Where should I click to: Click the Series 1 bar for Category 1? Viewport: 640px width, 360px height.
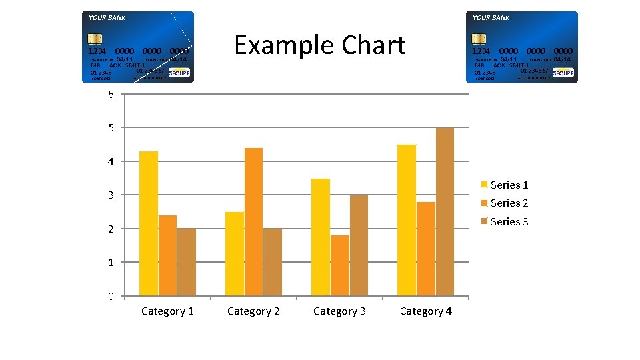tap(149, 223)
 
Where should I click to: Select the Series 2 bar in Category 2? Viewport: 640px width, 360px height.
tap(253, 221)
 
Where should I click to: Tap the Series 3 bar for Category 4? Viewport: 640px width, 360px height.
tap(445, 211)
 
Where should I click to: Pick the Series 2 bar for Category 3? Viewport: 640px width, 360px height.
tap(339, 265)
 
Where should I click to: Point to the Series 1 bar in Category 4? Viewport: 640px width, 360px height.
tap(407, 220)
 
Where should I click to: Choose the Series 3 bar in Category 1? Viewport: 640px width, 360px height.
tap(187, 262)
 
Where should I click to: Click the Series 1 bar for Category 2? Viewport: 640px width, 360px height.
tap(235, 253)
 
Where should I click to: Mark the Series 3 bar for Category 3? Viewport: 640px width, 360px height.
tap(359, 245)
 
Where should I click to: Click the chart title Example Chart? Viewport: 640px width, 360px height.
tap(320, 45)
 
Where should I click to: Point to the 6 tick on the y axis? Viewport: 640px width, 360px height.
tap(111, 94)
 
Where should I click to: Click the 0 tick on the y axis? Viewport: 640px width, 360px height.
tap(111, 296)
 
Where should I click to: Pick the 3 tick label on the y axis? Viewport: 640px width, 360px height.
tap(111, 195)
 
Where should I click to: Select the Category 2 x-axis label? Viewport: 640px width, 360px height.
tap(253, 311)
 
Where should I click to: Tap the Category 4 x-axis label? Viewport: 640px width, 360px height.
tap(425, 311)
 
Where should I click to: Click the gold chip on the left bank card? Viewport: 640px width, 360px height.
tap(95, 39)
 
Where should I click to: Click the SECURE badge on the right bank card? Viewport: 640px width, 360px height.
tap(563, 73)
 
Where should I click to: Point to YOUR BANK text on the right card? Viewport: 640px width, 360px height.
tap(491, 18)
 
